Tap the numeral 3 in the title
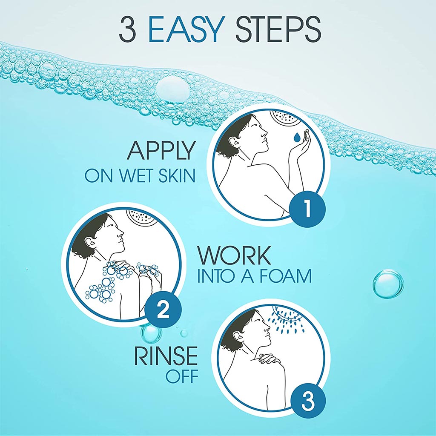(x=129, y=30)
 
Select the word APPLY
(x=161, y=151)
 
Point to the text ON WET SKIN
(x=140, y=176)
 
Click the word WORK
(x=234, y=255)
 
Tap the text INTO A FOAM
(x=254, y=276)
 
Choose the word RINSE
(x=166, y=356)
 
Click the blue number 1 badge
(x=307, y=209)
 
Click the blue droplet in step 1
(x=295, y=138)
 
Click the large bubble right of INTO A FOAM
(x=388, y=283)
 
